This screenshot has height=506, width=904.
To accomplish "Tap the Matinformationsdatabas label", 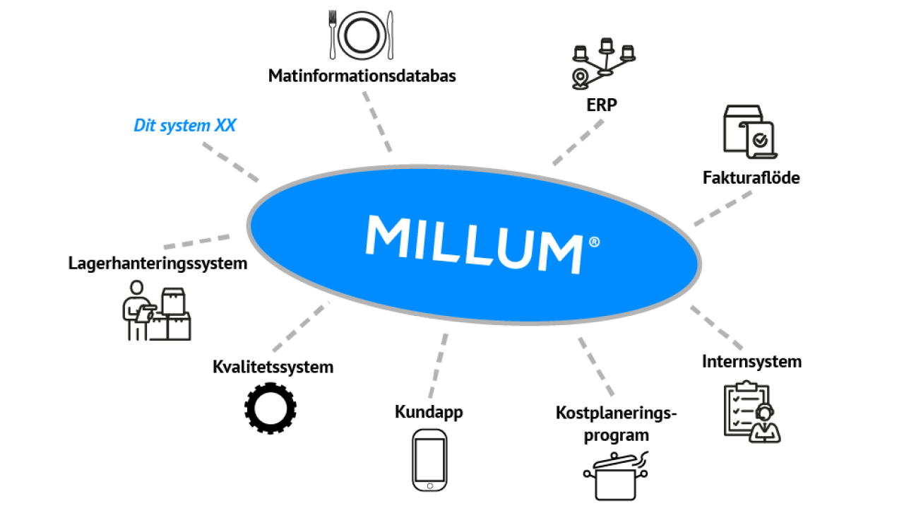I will click(362, 76).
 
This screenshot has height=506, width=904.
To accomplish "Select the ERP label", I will click(602, 105).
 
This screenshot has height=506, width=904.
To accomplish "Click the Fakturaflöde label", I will click(751, 177).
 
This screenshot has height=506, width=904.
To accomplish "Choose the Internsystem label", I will click(751, 362).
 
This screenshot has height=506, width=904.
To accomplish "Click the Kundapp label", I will click(429, 412).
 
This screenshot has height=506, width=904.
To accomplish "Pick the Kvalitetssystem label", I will click(273, 367).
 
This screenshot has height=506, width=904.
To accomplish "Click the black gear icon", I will click(270, 408).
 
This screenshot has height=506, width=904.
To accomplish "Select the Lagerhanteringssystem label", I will click(158, 264).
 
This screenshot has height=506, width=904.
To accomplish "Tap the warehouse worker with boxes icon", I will click(155, 310).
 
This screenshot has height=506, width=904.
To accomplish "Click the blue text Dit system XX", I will click(185, 126).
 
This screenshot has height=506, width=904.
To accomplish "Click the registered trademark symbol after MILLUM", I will click(594, 242).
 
